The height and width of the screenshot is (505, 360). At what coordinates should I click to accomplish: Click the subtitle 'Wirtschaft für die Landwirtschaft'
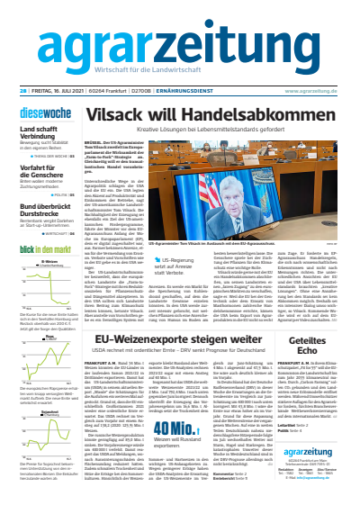[x=180, y=72]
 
